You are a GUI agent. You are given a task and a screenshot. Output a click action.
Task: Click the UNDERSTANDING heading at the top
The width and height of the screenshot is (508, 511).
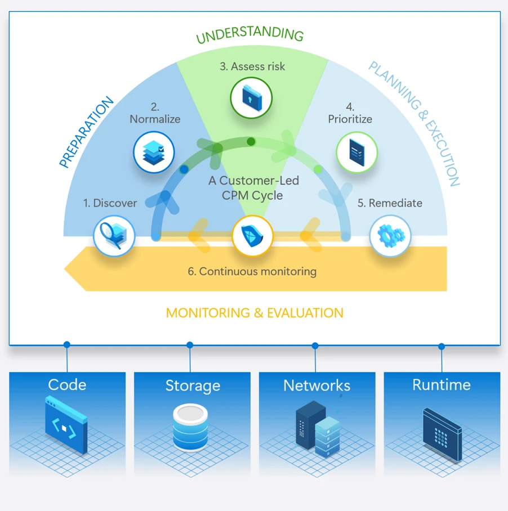(249, 35)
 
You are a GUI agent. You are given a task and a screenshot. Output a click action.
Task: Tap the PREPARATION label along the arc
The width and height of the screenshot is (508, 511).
(87, 133)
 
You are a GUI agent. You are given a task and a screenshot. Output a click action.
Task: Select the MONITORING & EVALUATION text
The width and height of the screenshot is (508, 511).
(255, 313)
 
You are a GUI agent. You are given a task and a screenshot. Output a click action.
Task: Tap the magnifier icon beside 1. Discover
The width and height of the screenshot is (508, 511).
(114, 236)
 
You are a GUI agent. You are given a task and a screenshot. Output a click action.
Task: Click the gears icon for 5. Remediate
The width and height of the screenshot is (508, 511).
(390, 236)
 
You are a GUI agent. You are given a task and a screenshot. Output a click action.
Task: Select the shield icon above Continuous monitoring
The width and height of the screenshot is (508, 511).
(253, 236)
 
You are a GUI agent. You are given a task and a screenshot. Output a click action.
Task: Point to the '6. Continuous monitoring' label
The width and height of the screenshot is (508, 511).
(252, 271)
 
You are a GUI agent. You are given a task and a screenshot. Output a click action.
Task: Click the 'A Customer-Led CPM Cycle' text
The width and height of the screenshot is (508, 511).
(253, 188)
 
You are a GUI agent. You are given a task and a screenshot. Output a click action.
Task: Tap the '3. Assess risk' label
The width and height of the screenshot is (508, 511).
(252, 66)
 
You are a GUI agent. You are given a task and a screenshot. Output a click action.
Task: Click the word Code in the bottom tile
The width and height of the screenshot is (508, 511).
(67, 385)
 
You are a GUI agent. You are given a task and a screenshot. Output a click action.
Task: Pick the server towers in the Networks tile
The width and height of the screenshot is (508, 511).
(317, 428)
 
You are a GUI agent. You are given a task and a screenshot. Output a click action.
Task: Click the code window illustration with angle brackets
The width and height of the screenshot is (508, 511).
(66, 424)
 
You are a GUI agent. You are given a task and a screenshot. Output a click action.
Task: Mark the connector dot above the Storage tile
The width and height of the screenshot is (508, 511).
(190, 345)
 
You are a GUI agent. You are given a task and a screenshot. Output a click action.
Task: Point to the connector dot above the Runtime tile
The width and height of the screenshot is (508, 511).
(442, 347)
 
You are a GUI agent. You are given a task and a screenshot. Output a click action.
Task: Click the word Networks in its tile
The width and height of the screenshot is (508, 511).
(317, 386)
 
